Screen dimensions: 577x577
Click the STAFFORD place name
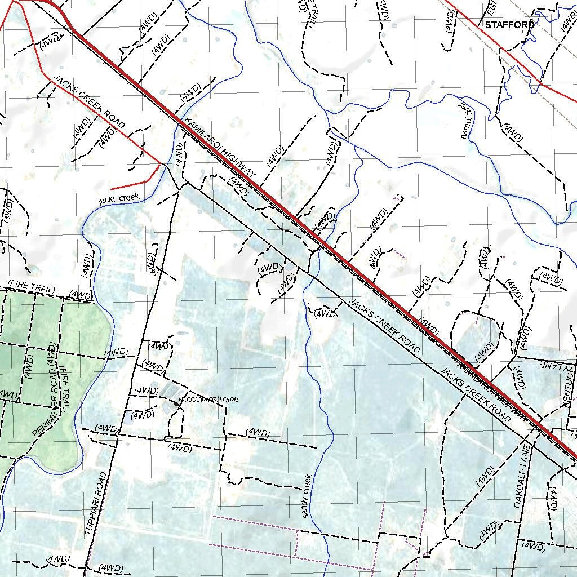(509, 25)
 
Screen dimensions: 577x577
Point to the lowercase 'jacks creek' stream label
(118, 198)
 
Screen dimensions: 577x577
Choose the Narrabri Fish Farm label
(208, 400)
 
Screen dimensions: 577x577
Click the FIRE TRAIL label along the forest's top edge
(32, 288)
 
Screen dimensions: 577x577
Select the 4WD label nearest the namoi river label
(512, 132)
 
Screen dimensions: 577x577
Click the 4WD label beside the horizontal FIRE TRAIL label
(81, 295)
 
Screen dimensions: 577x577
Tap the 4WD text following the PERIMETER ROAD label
(51, 356)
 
